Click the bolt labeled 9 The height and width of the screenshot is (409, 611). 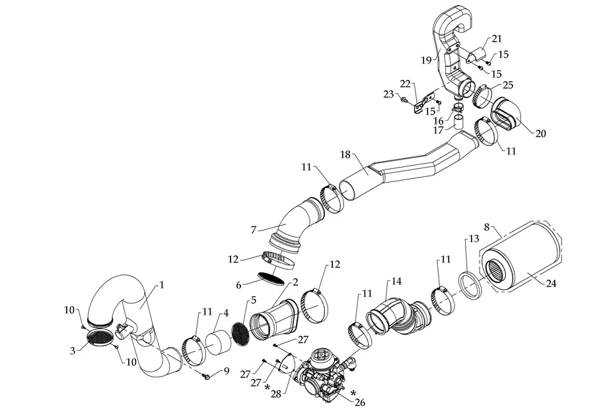206,375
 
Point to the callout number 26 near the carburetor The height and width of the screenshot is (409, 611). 361,400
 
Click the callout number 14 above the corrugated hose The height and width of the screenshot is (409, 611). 396,281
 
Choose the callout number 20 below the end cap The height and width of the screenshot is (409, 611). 540,133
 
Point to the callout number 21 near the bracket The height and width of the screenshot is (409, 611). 496,39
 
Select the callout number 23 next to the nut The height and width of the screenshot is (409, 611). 388,94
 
